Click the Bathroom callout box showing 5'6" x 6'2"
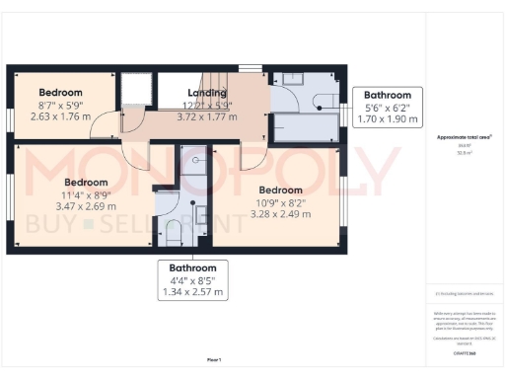[388, 107]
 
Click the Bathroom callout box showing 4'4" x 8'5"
[193, 280]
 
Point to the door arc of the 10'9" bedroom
[252, 158]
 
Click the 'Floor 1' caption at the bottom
[214, 360]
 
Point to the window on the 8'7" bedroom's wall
[10, 117]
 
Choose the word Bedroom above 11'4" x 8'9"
[86, 183]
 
